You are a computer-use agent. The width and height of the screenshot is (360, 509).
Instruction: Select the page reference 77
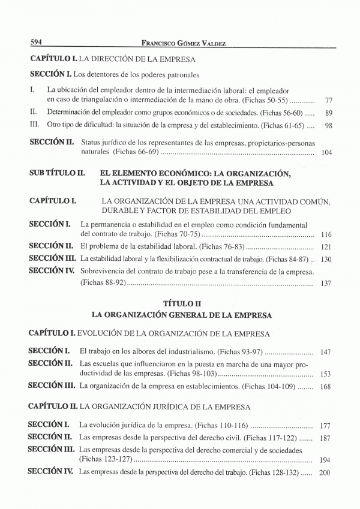tap(328, 100)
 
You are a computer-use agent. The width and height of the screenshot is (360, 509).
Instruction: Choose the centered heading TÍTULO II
tap(182, 303)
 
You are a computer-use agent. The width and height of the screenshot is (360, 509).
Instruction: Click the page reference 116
tap(326, 234)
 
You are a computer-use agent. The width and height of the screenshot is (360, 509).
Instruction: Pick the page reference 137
tap(326, 283)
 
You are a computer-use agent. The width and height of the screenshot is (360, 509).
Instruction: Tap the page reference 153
tap(326, 374)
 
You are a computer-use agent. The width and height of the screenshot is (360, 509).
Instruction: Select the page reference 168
tap(326, 386)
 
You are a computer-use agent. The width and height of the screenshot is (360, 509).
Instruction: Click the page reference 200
tap(326, 473)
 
